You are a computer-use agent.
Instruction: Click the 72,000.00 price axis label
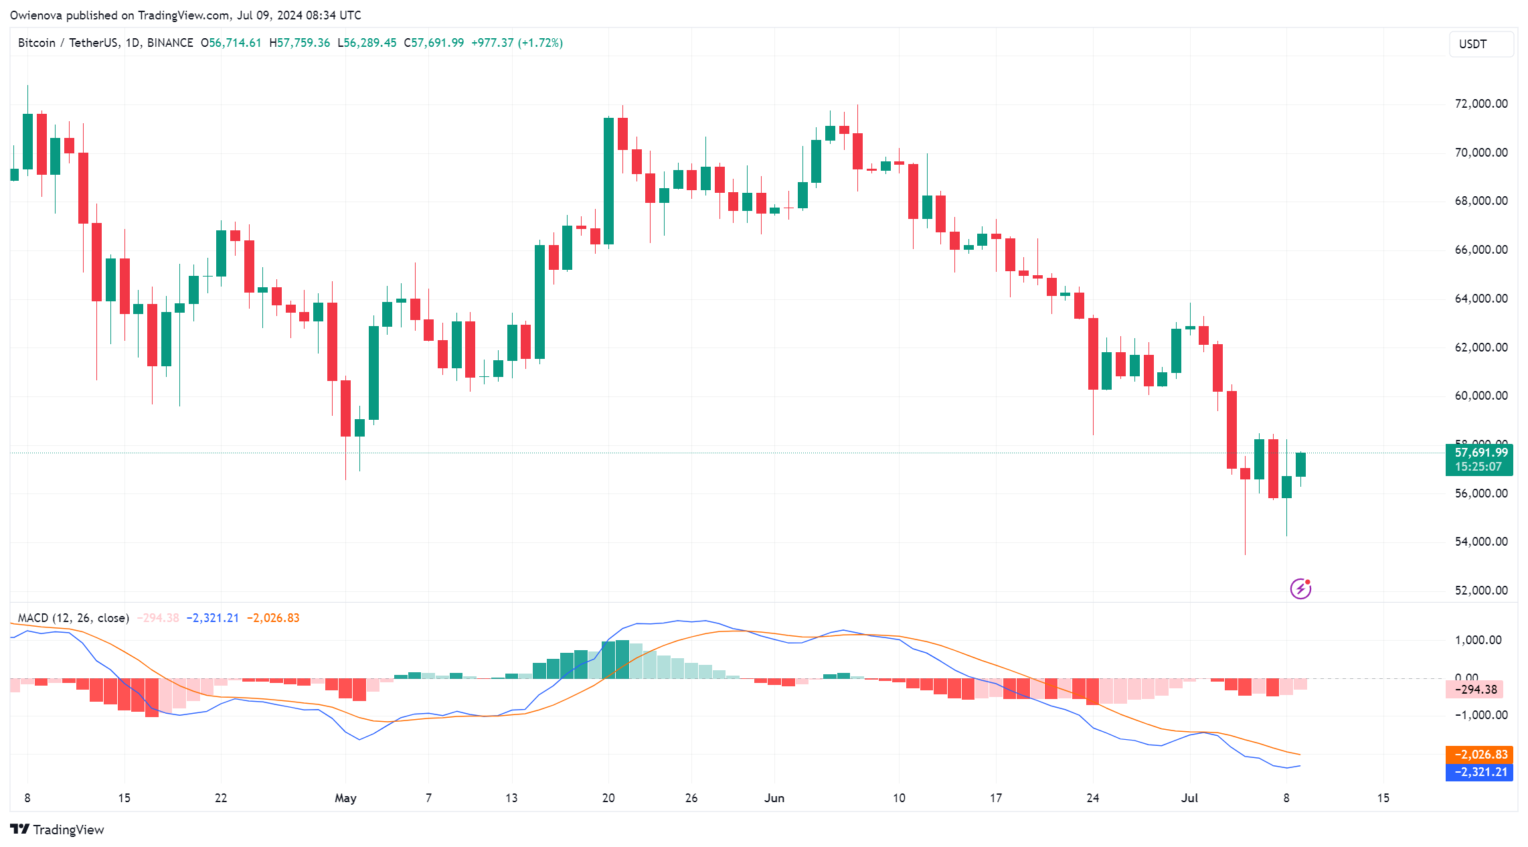point(1480,104)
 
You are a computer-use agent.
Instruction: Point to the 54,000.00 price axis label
point(1480,542)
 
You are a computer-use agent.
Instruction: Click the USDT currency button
point(1480,44)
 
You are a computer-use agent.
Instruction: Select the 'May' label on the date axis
point(345,798)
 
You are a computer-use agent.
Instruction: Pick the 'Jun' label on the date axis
point(774,798)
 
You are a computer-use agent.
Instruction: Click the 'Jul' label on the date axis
point(1189,798)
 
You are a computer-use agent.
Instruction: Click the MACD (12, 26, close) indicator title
point(73,618)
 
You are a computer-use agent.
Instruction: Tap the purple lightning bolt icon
point(1300,589)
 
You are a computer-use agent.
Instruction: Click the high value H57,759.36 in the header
point(299,43)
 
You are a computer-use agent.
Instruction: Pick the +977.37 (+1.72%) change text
point(517,43)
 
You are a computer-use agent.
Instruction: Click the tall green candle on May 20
point(608,181)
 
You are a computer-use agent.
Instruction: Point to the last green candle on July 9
point(1300,465)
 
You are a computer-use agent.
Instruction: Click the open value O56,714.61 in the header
point(231,43)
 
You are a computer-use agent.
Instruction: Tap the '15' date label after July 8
point(1383,798)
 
